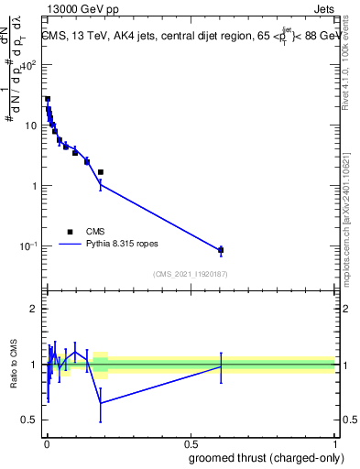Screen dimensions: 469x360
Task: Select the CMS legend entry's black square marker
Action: coord(70,232)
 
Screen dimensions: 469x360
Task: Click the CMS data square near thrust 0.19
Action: coord(101,172)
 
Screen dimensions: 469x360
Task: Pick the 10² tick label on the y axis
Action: coord(28,65)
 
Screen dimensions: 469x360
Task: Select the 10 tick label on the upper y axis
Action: coord(30,125)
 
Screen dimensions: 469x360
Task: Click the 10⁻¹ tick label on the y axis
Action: coord(27,246)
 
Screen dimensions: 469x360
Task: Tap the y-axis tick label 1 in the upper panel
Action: coord(33,186)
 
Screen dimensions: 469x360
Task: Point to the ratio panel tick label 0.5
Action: coord(28,420)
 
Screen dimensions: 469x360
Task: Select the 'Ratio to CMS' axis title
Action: coord(12,365)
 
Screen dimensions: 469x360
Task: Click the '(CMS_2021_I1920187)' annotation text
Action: coord(191,274)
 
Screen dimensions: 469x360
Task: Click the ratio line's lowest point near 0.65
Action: coord(101,403)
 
